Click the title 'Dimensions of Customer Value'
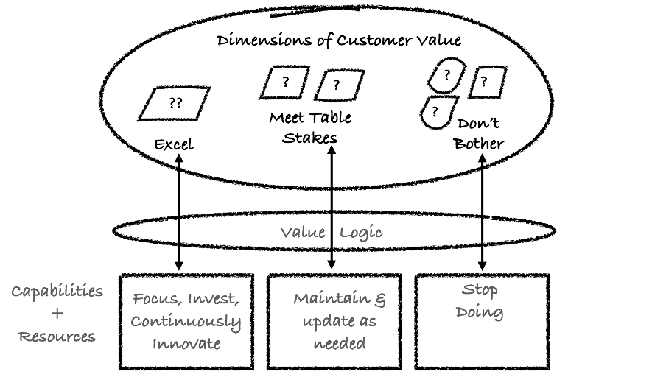click(x=339, y=40)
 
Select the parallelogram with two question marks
click(x=175, y=102)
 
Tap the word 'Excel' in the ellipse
click(x=174, y=144)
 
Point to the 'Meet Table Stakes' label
click(x=310, y=127)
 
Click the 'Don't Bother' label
click(x=479, y=133)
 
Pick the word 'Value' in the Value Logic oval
click(x=303, y=233)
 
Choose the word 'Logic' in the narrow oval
click(x=362, y=233)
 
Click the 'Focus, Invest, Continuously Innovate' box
click(x=186, y=321)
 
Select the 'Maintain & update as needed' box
click(x=334, y=321)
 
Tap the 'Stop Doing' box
click(x=483, y=321)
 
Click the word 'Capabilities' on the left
click(x=57, y=291)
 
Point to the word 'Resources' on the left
click(x=57, y=337)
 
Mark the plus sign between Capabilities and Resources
click(x=57, y=314)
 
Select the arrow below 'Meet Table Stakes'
click(x=332, y=206)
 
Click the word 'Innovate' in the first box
click(x=186, y=344)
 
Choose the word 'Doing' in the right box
click(x=480, y=312)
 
